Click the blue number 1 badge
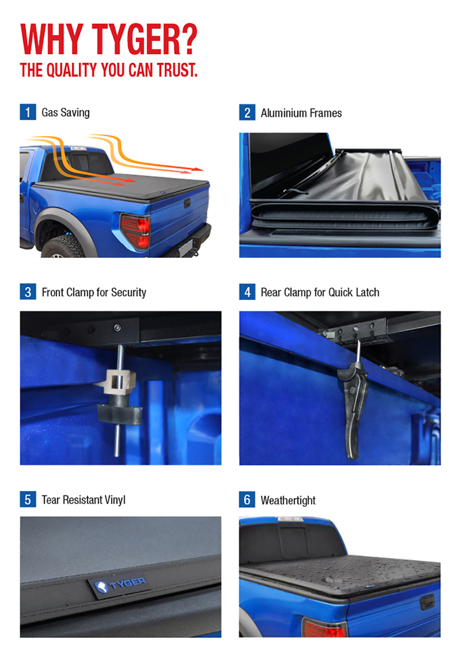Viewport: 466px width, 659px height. pos(28,112)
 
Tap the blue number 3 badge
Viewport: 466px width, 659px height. pos(28,291)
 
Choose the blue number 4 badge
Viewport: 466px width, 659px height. pos(247,291)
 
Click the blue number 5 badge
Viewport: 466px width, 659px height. pos(28,499)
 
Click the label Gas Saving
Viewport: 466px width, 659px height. pos(66,113)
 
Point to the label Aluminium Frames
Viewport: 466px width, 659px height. pos(302,113)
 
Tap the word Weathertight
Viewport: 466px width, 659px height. pos(288,500)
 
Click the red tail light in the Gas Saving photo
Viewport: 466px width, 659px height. pos(136,231)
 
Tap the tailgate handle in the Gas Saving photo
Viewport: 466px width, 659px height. pos(187,203)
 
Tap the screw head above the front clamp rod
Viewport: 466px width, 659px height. pos(117,327)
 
